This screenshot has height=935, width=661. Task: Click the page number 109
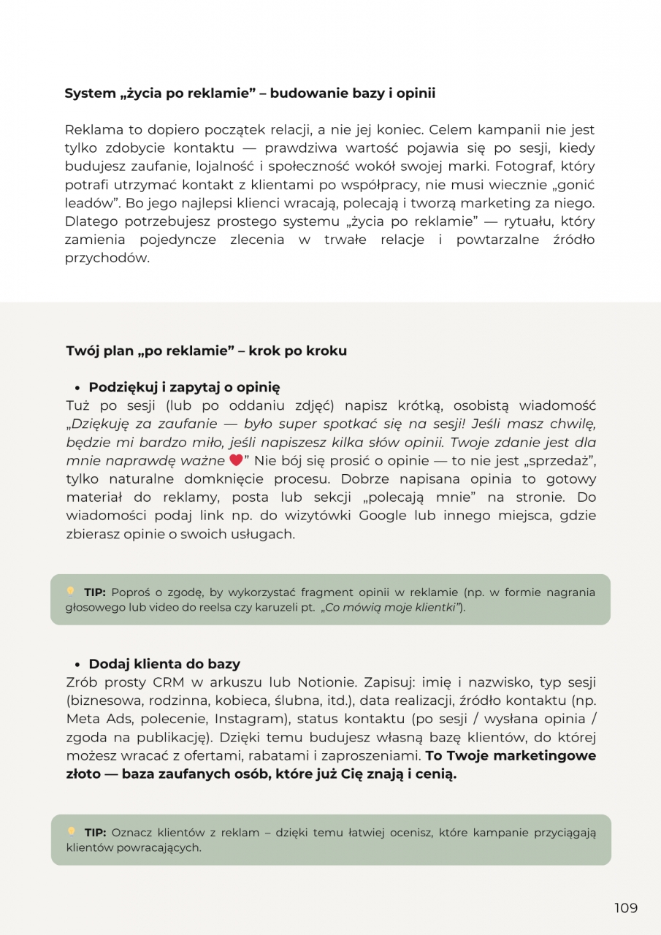pos(625,908)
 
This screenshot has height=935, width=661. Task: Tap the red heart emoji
pos(235,461)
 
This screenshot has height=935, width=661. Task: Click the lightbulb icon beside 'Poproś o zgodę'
pos(71,591)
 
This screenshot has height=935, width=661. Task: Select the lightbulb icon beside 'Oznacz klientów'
pos(71,831)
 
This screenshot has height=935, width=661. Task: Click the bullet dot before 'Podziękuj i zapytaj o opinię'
pos(77,388)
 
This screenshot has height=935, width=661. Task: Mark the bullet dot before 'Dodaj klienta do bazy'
pos(77,665)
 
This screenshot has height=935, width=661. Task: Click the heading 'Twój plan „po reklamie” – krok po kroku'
pos(206,351)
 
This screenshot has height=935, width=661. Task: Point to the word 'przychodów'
pos(107,258)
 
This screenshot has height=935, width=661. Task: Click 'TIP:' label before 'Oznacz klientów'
pos(95,832)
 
